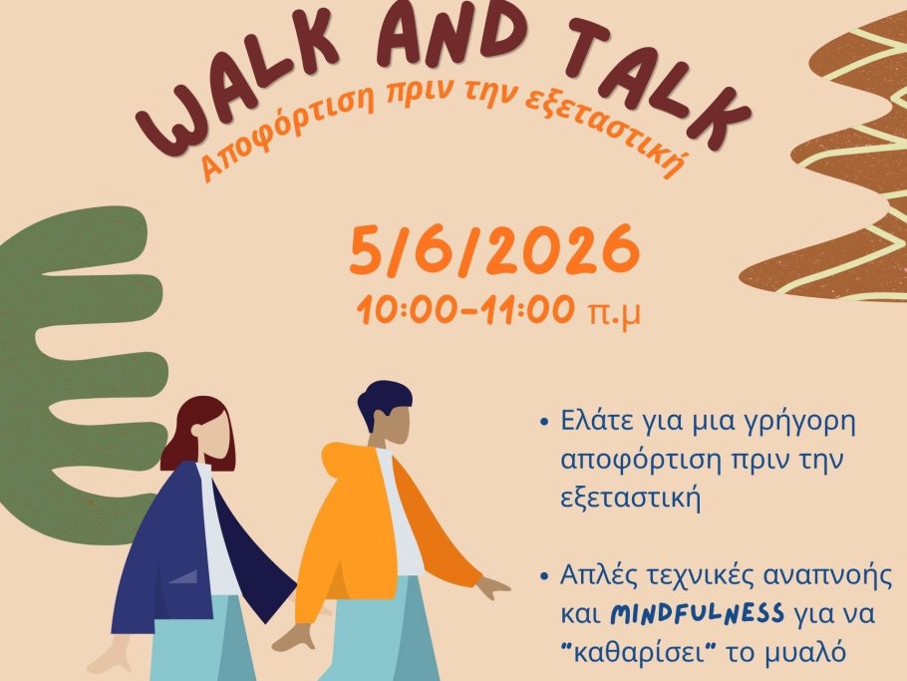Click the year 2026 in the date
click(x=563, y=250)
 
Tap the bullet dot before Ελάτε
click(x=543, y=423)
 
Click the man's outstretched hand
click(x=492, y=587)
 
